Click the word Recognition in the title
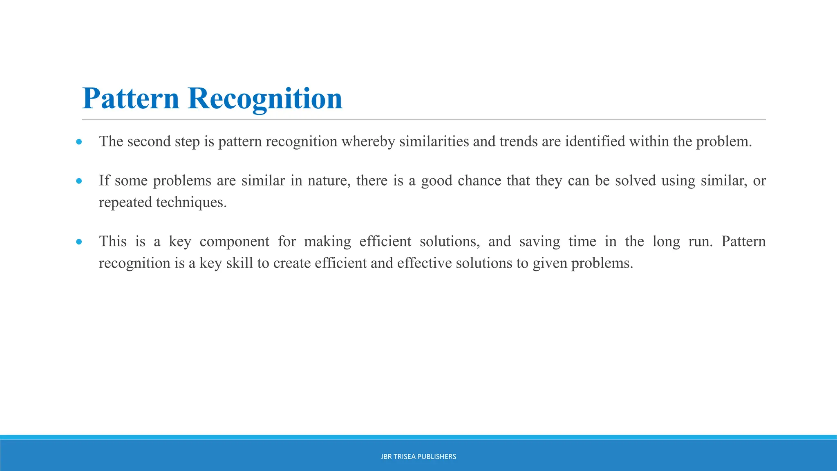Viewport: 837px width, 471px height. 265,99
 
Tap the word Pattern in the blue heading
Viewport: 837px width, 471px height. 131,99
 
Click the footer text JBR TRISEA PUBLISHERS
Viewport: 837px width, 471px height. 418,457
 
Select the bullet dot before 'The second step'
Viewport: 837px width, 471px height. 79,142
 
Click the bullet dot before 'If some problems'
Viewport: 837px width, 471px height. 79,181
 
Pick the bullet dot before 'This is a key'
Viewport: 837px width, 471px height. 79,242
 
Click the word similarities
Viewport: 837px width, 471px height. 434,141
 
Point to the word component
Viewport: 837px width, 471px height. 234,242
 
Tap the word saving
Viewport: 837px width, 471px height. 539,242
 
